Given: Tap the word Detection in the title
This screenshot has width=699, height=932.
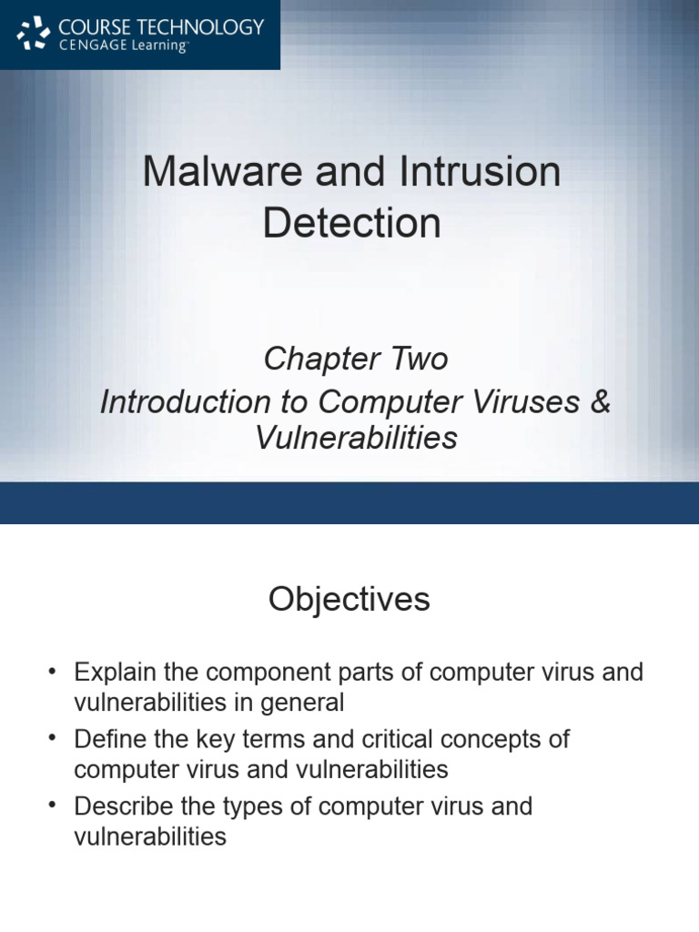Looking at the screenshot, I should (351, 223).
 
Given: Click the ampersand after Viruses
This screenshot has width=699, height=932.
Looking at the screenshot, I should (601, 401).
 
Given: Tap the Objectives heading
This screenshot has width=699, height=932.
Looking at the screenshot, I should (349, 600).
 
